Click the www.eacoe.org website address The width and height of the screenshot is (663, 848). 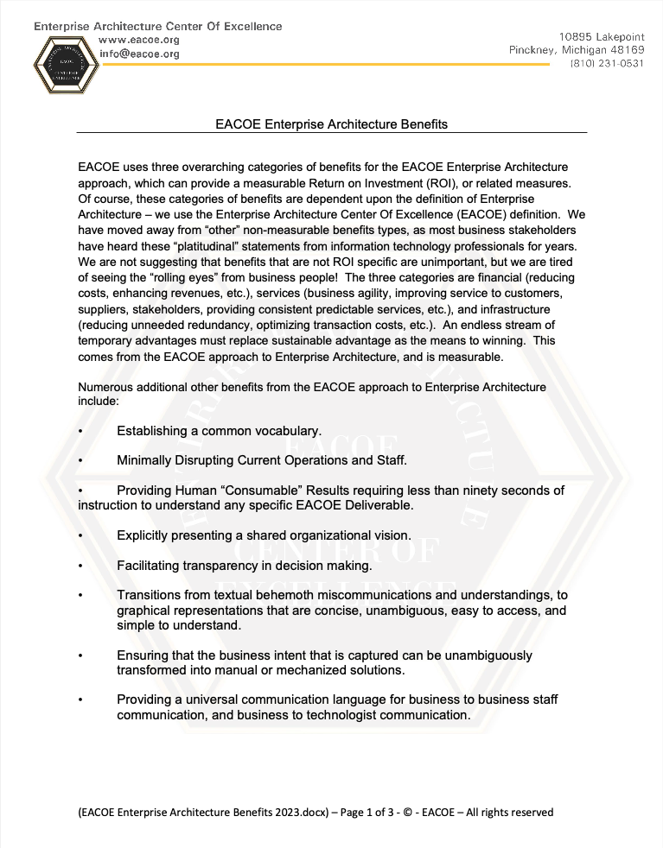[139, 40]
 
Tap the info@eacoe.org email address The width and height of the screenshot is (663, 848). [139, 54]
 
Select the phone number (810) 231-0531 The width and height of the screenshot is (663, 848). [607, 63]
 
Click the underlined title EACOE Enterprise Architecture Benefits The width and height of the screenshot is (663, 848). [331, 124]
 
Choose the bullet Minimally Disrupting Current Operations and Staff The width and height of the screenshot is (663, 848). [261, 459]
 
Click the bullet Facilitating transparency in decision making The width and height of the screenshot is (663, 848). [244, 566]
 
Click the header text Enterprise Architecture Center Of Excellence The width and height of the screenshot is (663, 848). [158, 26]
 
